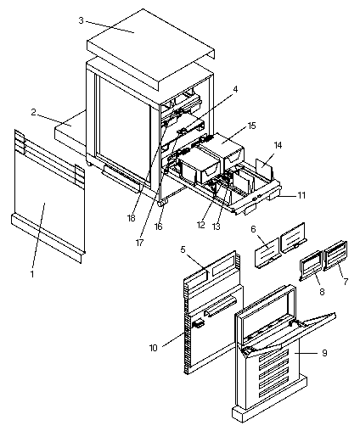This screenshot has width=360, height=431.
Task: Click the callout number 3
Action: (82, 20)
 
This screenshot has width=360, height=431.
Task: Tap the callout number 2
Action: (33, 112)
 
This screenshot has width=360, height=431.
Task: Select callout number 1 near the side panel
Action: (32, 274)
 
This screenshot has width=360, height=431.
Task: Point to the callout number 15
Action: (251, 126)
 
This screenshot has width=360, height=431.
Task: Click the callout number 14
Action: (278, 145)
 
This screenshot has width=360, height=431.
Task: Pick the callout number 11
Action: (301, 195)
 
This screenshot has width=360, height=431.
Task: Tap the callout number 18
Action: (132, 218)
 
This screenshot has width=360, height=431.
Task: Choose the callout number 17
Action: (139, 243)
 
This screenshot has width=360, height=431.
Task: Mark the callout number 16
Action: (159, 227)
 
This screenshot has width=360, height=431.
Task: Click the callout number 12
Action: (200, 225)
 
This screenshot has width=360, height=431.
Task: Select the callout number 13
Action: (216, 227)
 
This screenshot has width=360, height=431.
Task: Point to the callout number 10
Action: (153, 348)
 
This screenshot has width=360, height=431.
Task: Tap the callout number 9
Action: (324, 353)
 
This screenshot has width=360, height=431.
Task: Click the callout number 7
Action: (346, 282)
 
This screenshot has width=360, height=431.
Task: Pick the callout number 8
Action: (322, 292)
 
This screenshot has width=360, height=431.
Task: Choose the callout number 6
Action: (253, 229)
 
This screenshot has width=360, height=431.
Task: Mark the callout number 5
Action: (183, 249)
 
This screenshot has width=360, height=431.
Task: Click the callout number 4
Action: (235, 89)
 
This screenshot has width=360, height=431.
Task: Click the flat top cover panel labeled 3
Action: (150, 45)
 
